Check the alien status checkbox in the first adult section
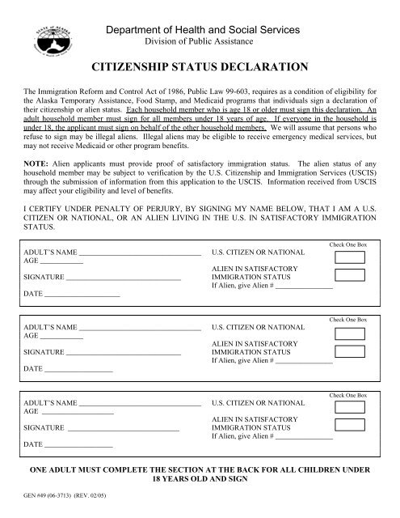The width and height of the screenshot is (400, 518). [349, 281]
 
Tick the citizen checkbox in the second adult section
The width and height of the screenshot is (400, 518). [349, 333]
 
